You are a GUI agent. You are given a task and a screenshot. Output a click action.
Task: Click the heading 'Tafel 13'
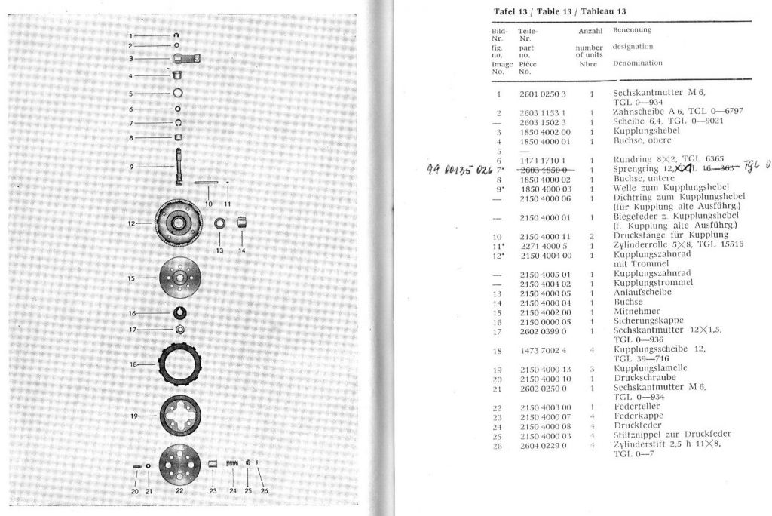click(x=510, y=11)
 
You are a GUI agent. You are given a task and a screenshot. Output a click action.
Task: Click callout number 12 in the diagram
click(x=130, y=223)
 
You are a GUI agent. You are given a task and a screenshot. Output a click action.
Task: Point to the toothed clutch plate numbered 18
click(x=180, y=364)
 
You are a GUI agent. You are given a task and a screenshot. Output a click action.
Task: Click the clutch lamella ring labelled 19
click(x=180, y=416)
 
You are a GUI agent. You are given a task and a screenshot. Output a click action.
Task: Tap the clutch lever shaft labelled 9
click(x=179, y=167)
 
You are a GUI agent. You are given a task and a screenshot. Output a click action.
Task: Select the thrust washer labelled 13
click(x=220, y=224)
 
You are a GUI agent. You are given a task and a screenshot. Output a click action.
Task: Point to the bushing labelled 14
click(x=241, y=223)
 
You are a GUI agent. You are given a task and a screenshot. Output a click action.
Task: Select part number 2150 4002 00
click(x=545, y=312)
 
